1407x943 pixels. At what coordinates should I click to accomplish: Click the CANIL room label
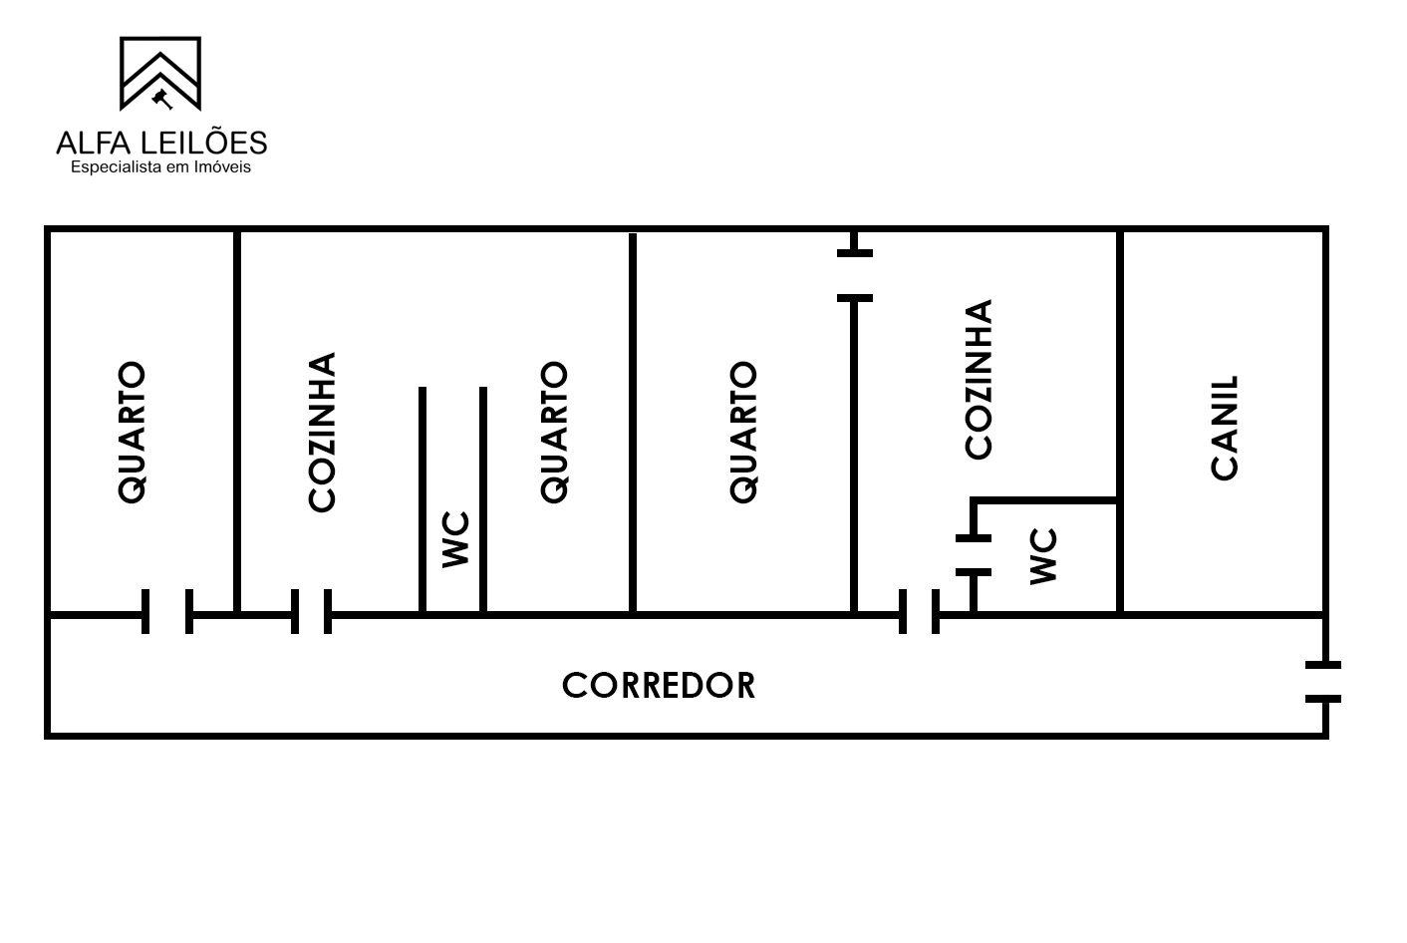[1225, 428]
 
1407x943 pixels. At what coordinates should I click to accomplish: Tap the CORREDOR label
[659, 686]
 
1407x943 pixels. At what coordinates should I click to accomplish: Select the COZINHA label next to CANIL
[978, 380]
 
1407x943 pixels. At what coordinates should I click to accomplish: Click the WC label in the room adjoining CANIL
[1043, 556]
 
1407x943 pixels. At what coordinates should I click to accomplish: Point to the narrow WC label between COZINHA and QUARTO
[455, 539]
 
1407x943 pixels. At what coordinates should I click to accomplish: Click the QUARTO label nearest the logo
[132, 433]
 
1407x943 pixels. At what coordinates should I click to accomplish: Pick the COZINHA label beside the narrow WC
[322, 433]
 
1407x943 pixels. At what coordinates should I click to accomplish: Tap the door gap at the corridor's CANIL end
[1323, 682]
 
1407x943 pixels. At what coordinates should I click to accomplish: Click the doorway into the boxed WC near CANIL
[973, 555]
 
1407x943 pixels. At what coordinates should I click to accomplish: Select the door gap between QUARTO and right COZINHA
[854, 276]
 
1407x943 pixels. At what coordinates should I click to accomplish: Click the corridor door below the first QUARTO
[167, 611]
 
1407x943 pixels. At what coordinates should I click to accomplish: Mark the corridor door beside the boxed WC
[919, 611]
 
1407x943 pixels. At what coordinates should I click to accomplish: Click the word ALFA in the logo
[94, 144]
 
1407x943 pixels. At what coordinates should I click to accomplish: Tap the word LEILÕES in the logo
[204, 142]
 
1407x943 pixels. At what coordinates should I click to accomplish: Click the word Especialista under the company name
[117, 167]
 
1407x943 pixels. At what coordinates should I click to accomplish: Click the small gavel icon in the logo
[162, 99]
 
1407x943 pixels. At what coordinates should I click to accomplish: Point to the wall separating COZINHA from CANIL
[1120, 421]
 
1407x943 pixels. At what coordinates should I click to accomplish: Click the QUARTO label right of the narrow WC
[554, 433]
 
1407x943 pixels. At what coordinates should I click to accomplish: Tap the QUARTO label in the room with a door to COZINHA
[743, 433]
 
